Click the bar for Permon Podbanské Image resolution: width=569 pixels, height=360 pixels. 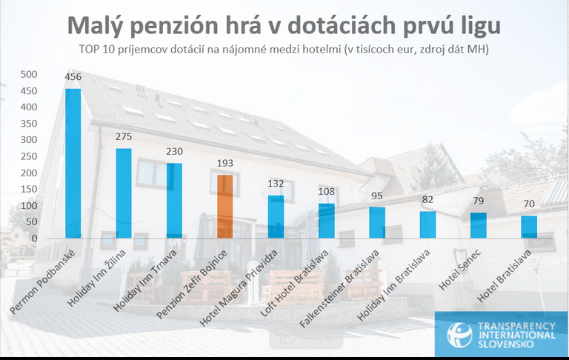pos(73,164)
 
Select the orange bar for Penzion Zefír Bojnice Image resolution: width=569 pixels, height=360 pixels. pos(224,207)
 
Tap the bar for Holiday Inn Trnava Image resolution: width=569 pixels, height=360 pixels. pos(174,201)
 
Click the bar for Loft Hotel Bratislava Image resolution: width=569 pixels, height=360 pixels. pos(326,221)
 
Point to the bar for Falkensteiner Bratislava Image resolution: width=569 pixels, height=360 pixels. pos(376,223)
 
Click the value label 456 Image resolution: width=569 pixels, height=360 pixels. pos(73,78)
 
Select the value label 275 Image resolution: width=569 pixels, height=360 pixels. pos(124,137)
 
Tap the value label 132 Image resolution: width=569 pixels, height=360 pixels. pos(276,184)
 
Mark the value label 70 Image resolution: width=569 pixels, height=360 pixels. pos(529,204)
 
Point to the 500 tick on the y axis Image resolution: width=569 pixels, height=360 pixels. pos(28,74)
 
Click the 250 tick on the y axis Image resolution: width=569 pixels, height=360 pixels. pos(28,156)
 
